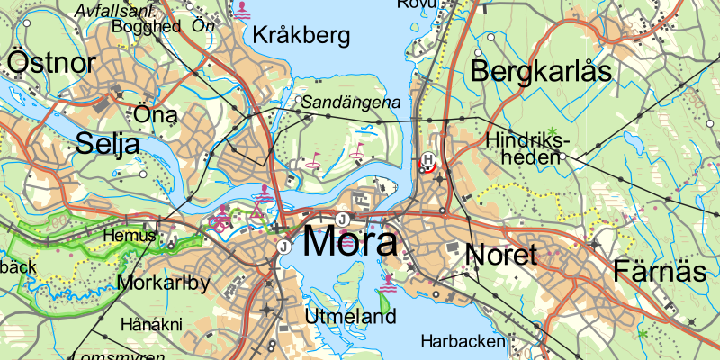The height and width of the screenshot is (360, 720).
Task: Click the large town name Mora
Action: (x=350, y=242)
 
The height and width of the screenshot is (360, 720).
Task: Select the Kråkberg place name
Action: (x=301, y=36)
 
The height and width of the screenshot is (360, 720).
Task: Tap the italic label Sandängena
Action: (x=350, y=103)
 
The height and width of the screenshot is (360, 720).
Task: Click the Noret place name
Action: (x=502, y=254)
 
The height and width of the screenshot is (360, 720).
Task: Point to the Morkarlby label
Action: (x=163, y=283)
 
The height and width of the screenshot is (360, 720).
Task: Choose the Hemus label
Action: (x=123, y=236)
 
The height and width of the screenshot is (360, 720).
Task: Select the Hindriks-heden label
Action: (x=527, y=148)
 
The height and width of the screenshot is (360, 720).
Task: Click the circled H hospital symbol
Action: (x=428, y=161)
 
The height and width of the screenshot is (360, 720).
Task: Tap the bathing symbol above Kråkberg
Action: (x=243, y=10)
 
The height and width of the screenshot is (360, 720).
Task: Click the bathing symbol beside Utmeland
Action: (x=388, y=285)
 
